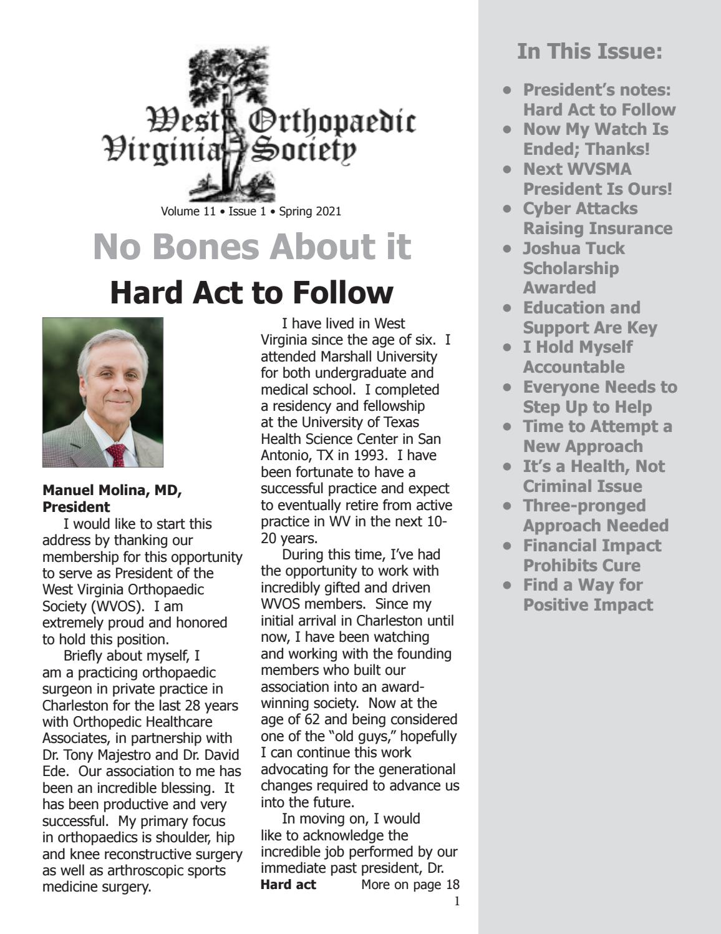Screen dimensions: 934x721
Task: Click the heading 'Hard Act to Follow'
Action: [251, 292]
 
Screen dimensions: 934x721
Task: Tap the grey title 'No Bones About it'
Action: [252, 247]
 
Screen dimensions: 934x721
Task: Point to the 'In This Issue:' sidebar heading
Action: [589, 51]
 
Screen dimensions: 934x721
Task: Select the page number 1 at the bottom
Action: [457, 901]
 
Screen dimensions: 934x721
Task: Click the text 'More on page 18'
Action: [410, 884]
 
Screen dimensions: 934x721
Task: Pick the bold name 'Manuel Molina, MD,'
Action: [112, 491]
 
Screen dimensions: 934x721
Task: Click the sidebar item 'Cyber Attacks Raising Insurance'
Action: [597, 219]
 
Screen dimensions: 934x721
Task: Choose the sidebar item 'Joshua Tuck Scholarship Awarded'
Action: [573, 268]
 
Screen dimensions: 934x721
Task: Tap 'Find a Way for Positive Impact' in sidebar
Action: [588, 594]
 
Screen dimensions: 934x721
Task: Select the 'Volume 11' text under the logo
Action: [188, 211]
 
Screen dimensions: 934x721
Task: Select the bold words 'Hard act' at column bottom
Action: [288, 884]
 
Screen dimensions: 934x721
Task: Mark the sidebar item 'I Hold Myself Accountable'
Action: [577, 356]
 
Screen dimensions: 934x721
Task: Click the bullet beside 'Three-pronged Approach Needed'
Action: [508, 506]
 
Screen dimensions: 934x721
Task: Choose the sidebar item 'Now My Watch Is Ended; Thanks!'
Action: [595, 139]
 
